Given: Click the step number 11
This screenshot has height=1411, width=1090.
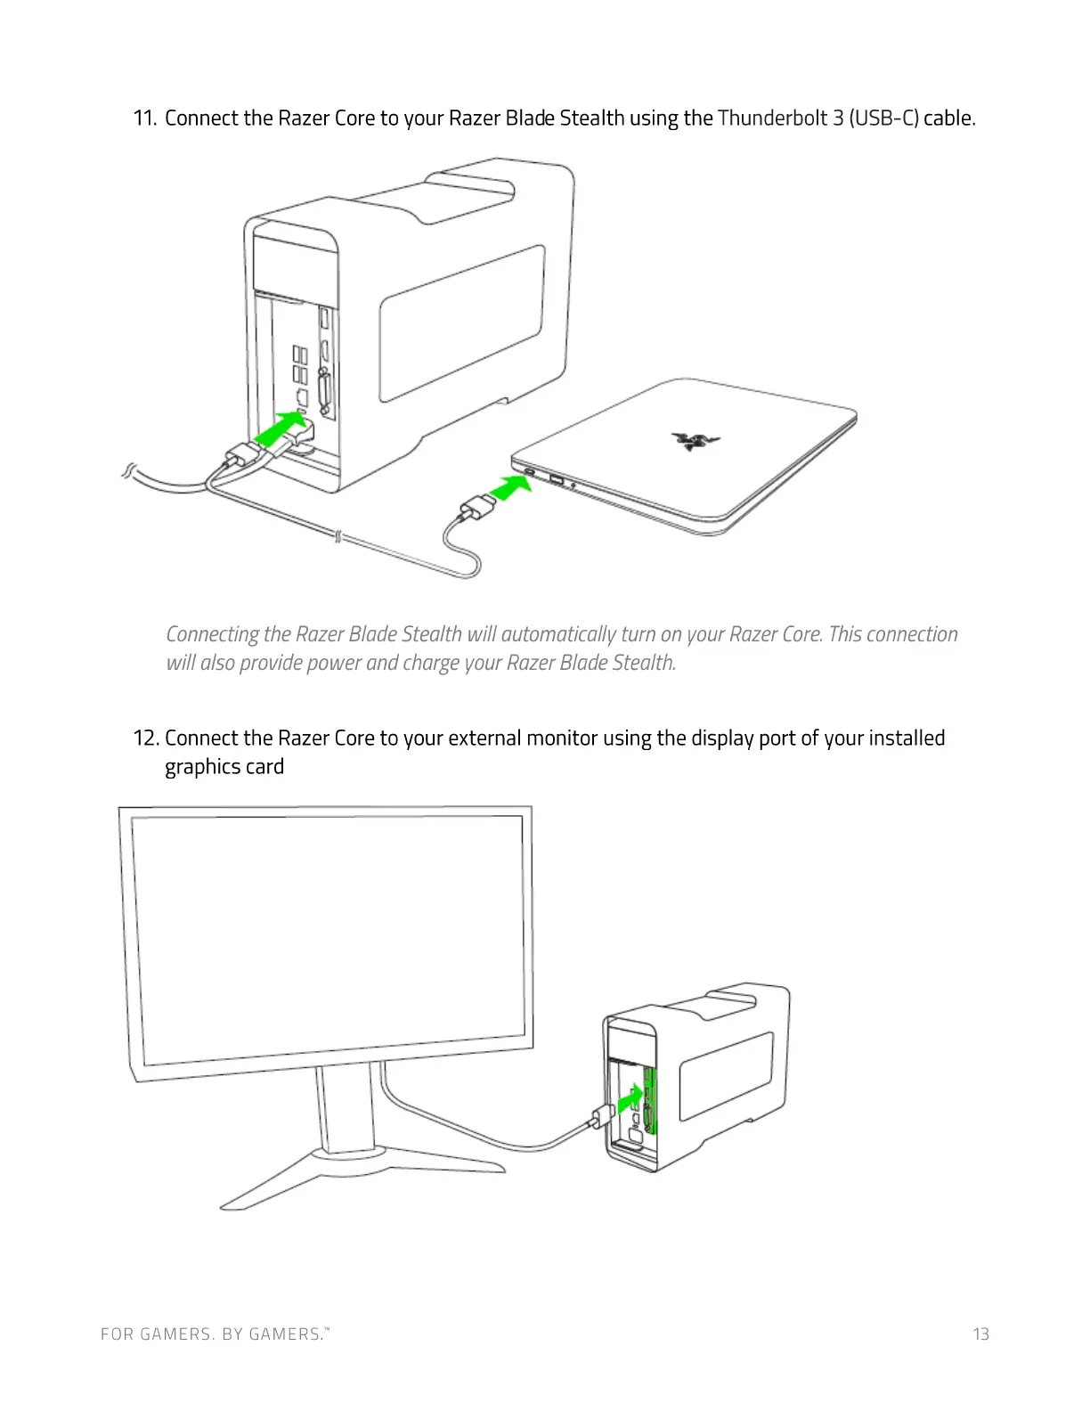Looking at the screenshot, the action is [145, 118].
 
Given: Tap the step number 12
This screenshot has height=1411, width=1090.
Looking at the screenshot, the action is [146, 738].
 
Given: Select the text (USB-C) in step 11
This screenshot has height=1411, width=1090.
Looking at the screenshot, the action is [884, 118].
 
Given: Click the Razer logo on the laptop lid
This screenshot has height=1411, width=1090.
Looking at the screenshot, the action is [695, 439].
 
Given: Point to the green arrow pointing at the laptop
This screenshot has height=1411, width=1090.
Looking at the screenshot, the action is [510, 488].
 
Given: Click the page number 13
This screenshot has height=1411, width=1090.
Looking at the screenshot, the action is [980, 1334].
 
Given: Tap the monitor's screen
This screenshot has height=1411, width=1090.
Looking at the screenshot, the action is [327, 940].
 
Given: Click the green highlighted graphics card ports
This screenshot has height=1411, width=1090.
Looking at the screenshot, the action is [649, 1101].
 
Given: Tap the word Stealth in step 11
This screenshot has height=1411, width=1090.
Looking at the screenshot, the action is [591, 118].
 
